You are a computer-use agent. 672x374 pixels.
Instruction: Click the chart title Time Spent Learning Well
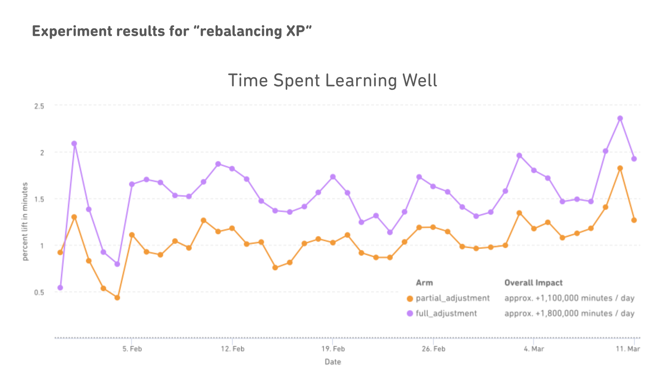pos(333,81)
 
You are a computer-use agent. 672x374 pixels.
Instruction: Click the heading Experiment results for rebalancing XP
pos(172,31)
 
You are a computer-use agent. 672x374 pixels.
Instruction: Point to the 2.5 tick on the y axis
pos(39,106)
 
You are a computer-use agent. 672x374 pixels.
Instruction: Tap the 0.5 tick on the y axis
pos(39,292)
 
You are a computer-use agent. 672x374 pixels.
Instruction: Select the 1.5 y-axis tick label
pos(39,199)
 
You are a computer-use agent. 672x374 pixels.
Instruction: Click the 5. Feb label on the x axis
pos(132,349)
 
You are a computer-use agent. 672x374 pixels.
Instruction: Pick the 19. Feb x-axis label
pos(333,349)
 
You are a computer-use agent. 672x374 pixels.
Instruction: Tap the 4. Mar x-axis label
pos(534,349)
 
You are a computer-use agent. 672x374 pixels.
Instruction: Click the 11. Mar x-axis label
pos(628,349)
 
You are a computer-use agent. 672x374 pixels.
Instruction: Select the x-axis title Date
pos(333,362)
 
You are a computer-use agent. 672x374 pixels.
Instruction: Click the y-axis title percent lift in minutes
pos(25,222)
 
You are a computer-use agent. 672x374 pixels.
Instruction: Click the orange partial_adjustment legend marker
pos(410,298)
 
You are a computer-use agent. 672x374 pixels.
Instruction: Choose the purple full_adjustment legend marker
pos(410,314)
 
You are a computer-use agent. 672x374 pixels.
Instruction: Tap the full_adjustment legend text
pos(446,314)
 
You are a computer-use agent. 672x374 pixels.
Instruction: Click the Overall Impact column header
pos(533,283)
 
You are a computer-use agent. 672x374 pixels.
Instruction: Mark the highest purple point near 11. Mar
pos(620,119)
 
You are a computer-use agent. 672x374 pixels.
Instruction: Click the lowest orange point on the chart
pos(117,297)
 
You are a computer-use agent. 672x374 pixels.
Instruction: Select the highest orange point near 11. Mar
pos(620,168)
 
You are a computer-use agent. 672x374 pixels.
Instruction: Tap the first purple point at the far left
pos(60,288)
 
